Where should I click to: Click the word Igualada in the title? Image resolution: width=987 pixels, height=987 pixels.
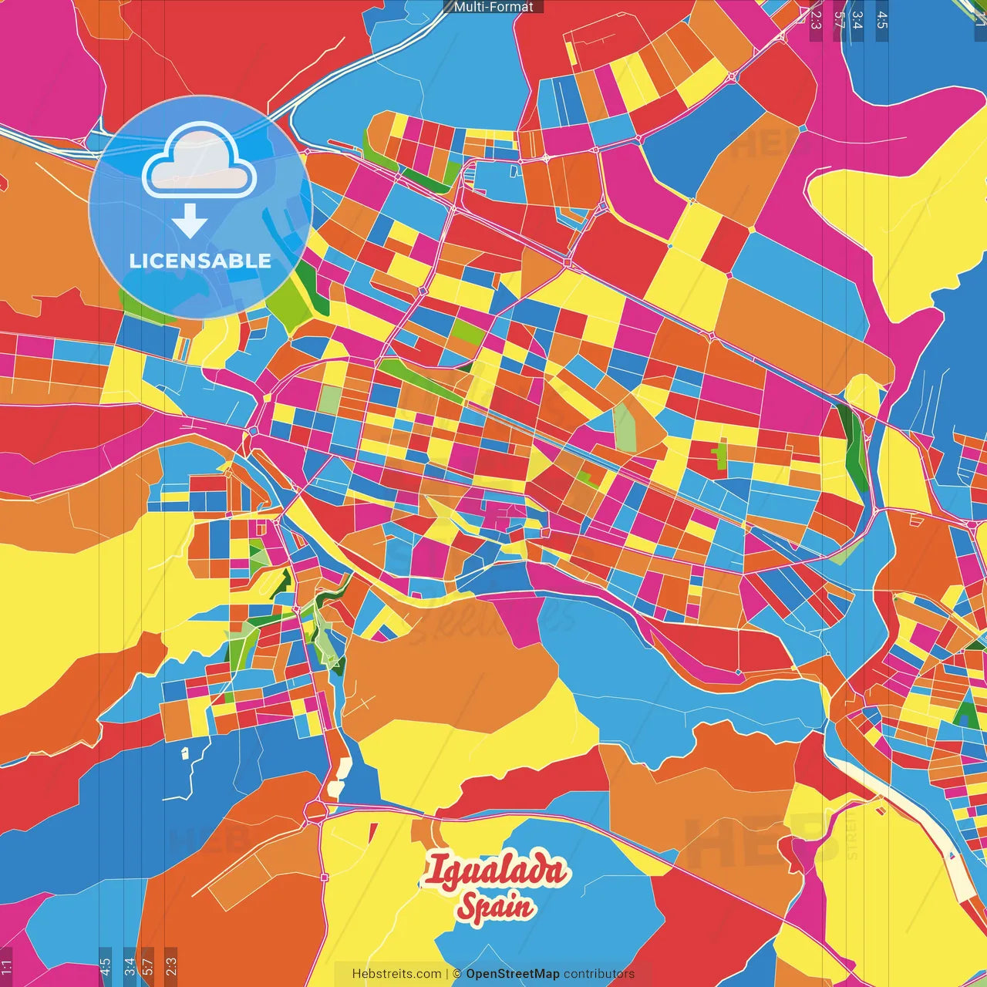[x=495, y=871]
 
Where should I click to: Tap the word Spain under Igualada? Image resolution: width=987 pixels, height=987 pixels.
[x=495, y=907]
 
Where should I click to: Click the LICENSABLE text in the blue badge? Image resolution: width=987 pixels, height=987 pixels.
[x=200, y=261]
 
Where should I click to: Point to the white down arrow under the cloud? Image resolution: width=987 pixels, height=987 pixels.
[x=190, y=222]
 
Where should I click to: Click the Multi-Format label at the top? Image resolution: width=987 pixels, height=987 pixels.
[x=493, y=7]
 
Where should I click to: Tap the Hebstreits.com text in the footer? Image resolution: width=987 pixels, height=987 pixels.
[x=396, y=974]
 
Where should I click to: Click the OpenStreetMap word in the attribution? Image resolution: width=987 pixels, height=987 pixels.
[x=513, y=974]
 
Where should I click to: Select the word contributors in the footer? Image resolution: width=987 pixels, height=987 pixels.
[x=599, y=974]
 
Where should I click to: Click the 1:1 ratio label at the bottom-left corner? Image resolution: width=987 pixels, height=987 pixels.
[x=6, y=967]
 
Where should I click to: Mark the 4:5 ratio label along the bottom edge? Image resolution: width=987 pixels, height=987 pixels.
[x=105, y=967]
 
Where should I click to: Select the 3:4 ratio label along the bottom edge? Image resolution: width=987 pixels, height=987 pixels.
[x=130, y=967]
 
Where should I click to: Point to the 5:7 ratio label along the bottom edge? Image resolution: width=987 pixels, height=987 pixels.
[x=148, y=967]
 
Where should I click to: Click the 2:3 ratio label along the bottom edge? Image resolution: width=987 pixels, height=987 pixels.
[x=170, y=967]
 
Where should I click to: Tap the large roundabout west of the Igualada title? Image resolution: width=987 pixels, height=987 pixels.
[x=315, y=810]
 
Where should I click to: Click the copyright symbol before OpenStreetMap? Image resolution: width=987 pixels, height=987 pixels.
[x=457, y=974]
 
